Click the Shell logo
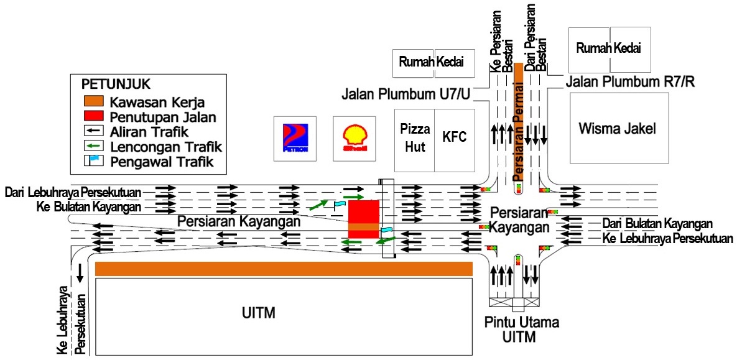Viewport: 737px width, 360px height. pos(355,138)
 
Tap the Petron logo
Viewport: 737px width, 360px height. pos(295,138)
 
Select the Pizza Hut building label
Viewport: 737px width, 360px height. pos(415,137)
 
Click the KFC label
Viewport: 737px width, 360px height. pos(454,137)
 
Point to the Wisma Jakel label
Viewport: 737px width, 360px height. pos(617,129)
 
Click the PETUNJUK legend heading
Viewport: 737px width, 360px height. pos(116,83)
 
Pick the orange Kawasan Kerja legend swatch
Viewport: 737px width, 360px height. pos(93,101)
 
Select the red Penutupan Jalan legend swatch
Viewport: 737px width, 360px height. pos(93,116)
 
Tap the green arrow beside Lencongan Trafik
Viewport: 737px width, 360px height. pos(93,147)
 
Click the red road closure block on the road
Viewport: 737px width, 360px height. pos(363,218)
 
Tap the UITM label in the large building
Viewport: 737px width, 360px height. pos(259,312)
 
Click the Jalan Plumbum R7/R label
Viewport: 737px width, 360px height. pos(629,81)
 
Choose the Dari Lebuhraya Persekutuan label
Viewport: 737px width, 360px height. pos(73,191)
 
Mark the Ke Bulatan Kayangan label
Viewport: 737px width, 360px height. pos(90,206)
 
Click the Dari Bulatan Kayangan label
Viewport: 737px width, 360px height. pos(657,223)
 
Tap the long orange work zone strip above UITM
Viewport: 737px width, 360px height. pos(284,269)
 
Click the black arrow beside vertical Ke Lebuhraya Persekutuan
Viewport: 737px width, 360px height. pos(80,271)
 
